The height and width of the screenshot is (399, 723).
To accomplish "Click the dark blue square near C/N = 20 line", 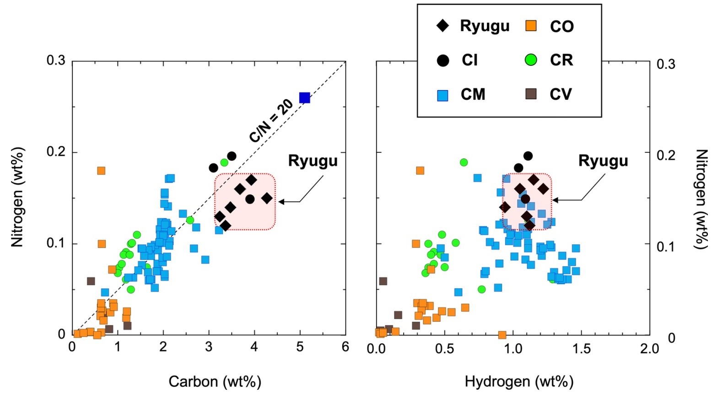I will (x=304, y=97).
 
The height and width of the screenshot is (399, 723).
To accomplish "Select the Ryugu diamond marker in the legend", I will (x=442, y=26).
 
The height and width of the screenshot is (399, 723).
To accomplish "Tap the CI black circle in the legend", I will (x=442, y=60).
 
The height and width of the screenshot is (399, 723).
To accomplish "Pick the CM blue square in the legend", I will (x=442, y=95).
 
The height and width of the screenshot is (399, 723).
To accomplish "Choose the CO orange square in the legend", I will (x=531, y=26).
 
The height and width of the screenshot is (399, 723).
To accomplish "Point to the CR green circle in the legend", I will (x=531, y=60).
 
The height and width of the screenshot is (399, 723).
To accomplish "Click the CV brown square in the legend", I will (x=531, y=94).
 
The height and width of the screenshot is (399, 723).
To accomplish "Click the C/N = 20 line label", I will (x=271, y=121).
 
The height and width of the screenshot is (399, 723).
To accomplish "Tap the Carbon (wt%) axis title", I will (x=215, y=381).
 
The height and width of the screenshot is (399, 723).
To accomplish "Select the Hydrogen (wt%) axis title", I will (x=519, y=381).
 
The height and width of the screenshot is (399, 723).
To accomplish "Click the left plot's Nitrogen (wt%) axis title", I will (x=17, y=197).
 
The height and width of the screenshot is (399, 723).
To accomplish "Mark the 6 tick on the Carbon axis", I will (x=345, y=347).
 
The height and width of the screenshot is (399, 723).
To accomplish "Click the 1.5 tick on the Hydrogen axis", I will (x=582, y=349).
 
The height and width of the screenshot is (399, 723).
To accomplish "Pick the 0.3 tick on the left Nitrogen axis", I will (x=56, y=60).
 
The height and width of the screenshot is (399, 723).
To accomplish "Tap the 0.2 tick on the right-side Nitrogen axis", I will (x=666, y=155).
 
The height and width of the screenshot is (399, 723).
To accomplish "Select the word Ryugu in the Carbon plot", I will (x=313, y=161).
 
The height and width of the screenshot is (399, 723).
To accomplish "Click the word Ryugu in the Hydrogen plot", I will (x=603, y=161).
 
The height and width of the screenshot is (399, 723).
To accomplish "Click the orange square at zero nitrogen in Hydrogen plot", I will (x=502, y=335).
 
